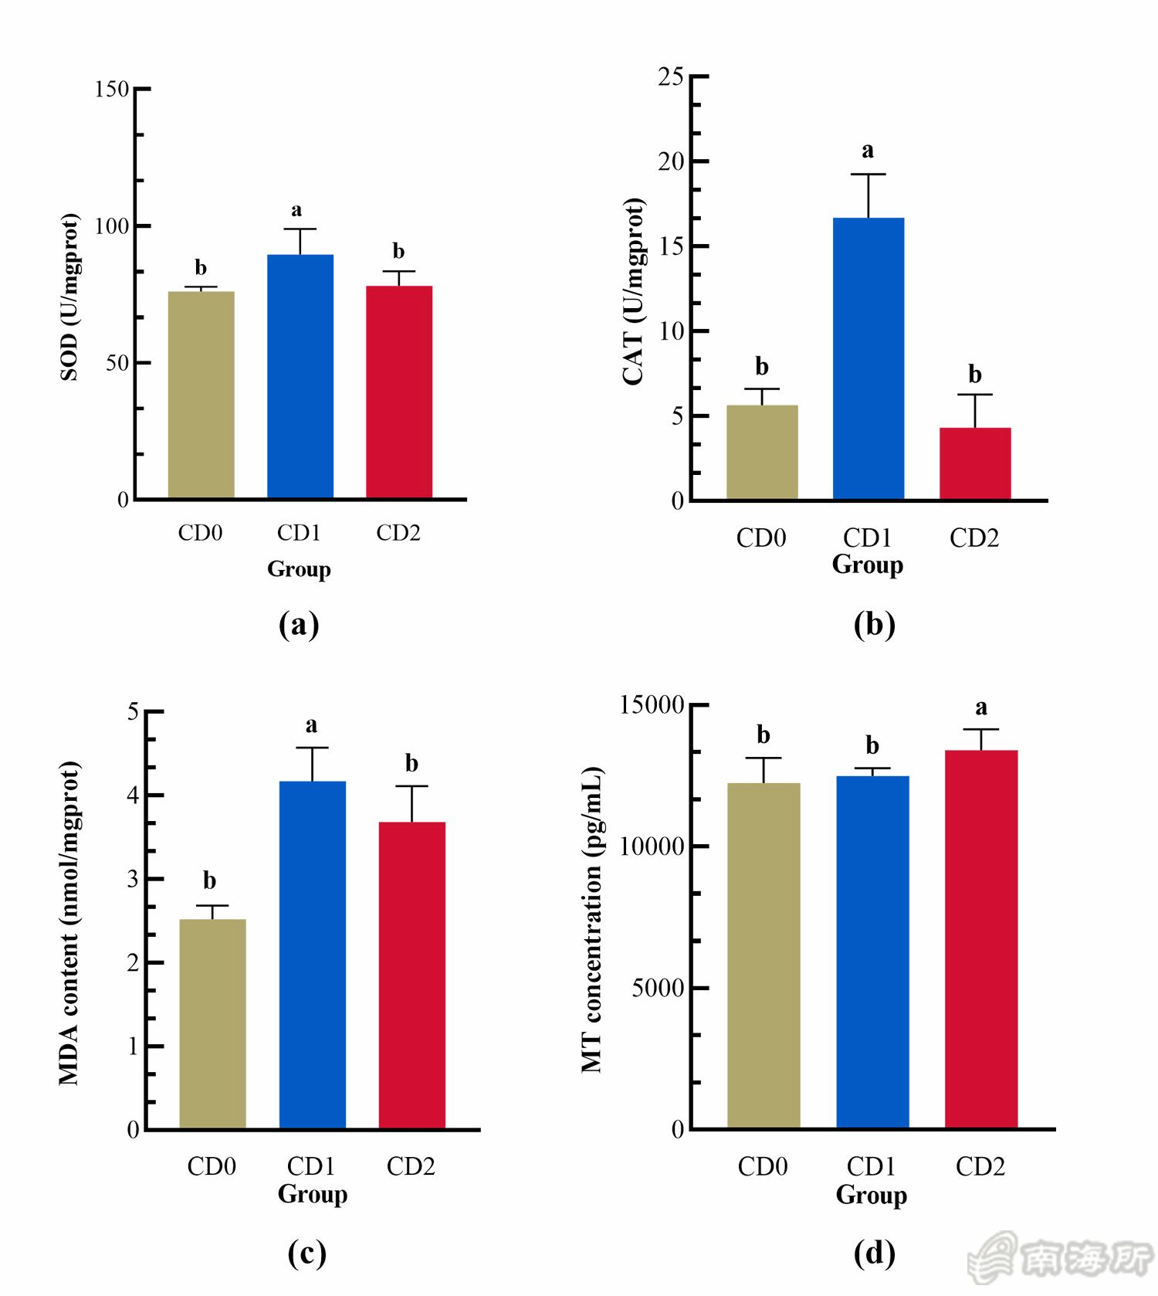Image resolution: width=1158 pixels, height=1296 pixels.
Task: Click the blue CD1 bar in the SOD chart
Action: point(300,376)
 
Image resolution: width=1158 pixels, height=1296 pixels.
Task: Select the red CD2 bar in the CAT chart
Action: point(975,463)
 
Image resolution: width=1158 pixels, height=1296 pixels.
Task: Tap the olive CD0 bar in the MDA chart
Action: point(212,1023)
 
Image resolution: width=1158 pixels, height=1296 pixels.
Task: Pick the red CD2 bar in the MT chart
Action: point(980,938)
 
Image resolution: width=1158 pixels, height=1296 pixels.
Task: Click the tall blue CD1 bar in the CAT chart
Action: point(868,358)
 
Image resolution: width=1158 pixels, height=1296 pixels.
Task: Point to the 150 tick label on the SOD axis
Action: point(111,90)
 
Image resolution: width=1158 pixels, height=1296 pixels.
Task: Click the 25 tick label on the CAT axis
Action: point(671,76)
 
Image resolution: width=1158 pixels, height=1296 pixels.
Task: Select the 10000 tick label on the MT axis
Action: point(652,846)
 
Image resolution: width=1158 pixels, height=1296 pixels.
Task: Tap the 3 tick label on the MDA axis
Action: point(133,879)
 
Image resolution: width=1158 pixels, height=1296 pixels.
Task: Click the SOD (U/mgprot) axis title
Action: point(69,297)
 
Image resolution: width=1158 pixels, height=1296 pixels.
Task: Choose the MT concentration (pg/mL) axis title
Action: point(592,919)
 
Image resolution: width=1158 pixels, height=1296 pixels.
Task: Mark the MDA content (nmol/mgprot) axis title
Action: point(69,923)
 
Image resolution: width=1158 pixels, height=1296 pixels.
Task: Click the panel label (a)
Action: point(299,624)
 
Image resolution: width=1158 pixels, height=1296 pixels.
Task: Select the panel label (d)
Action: point(874,1253)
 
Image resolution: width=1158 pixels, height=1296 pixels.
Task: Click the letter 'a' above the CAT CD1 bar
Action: point(868,151)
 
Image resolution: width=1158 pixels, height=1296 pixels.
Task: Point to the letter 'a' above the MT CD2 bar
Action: point(980,707)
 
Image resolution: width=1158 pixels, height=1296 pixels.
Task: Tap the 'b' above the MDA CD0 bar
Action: point(209,880)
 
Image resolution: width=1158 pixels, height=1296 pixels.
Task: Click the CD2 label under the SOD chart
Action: point(398,533)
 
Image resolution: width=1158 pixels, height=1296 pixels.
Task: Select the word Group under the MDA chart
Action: point(313,1194)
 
